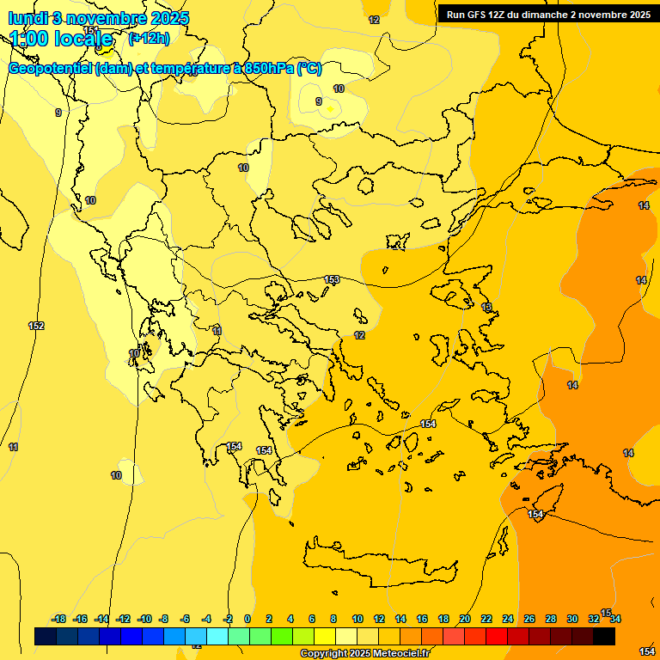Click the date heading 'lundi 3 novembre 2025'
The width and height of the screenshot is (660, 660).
[99, 18]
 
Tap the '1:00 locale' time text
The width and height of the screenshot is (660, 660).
[62, 39]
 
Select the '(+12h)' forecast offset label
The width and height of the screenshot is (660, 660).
[149, 38]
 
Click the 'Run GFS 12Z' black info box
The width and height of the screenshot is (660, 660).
[547, 14]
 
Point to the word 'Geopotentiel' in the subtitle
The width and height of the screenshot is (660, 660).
[51, 69]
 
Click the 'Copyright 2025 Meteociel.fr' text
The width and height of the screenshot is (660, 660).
[364, 653]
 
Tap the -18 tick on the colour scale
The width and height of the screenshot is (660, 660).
[59, 619]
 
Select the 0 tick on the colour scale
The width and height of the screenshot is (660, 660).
[247, 619]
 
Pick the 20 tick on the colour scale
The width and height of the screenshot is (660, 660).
[465, 619]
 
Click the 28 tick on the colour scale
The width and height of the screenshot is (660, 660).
[551, 619]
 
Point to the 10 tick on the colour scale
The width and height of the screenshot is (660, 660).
[357, 619]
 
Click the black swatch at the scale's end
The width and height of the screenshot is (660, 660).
[604, 636]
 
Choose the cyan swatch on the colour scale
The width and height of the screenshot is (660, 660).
[217, 636]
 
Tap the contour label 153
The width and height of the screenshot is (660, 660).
[332, 279]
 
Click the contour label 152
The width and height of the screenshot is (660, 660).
[36, 326]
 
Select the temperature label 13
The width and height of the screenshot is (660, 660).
[486, 307]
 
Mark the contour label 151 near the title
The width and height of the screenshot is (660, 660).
[89, 30]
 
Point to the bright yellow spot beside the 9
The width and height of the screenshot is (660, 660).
[330, 109]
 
